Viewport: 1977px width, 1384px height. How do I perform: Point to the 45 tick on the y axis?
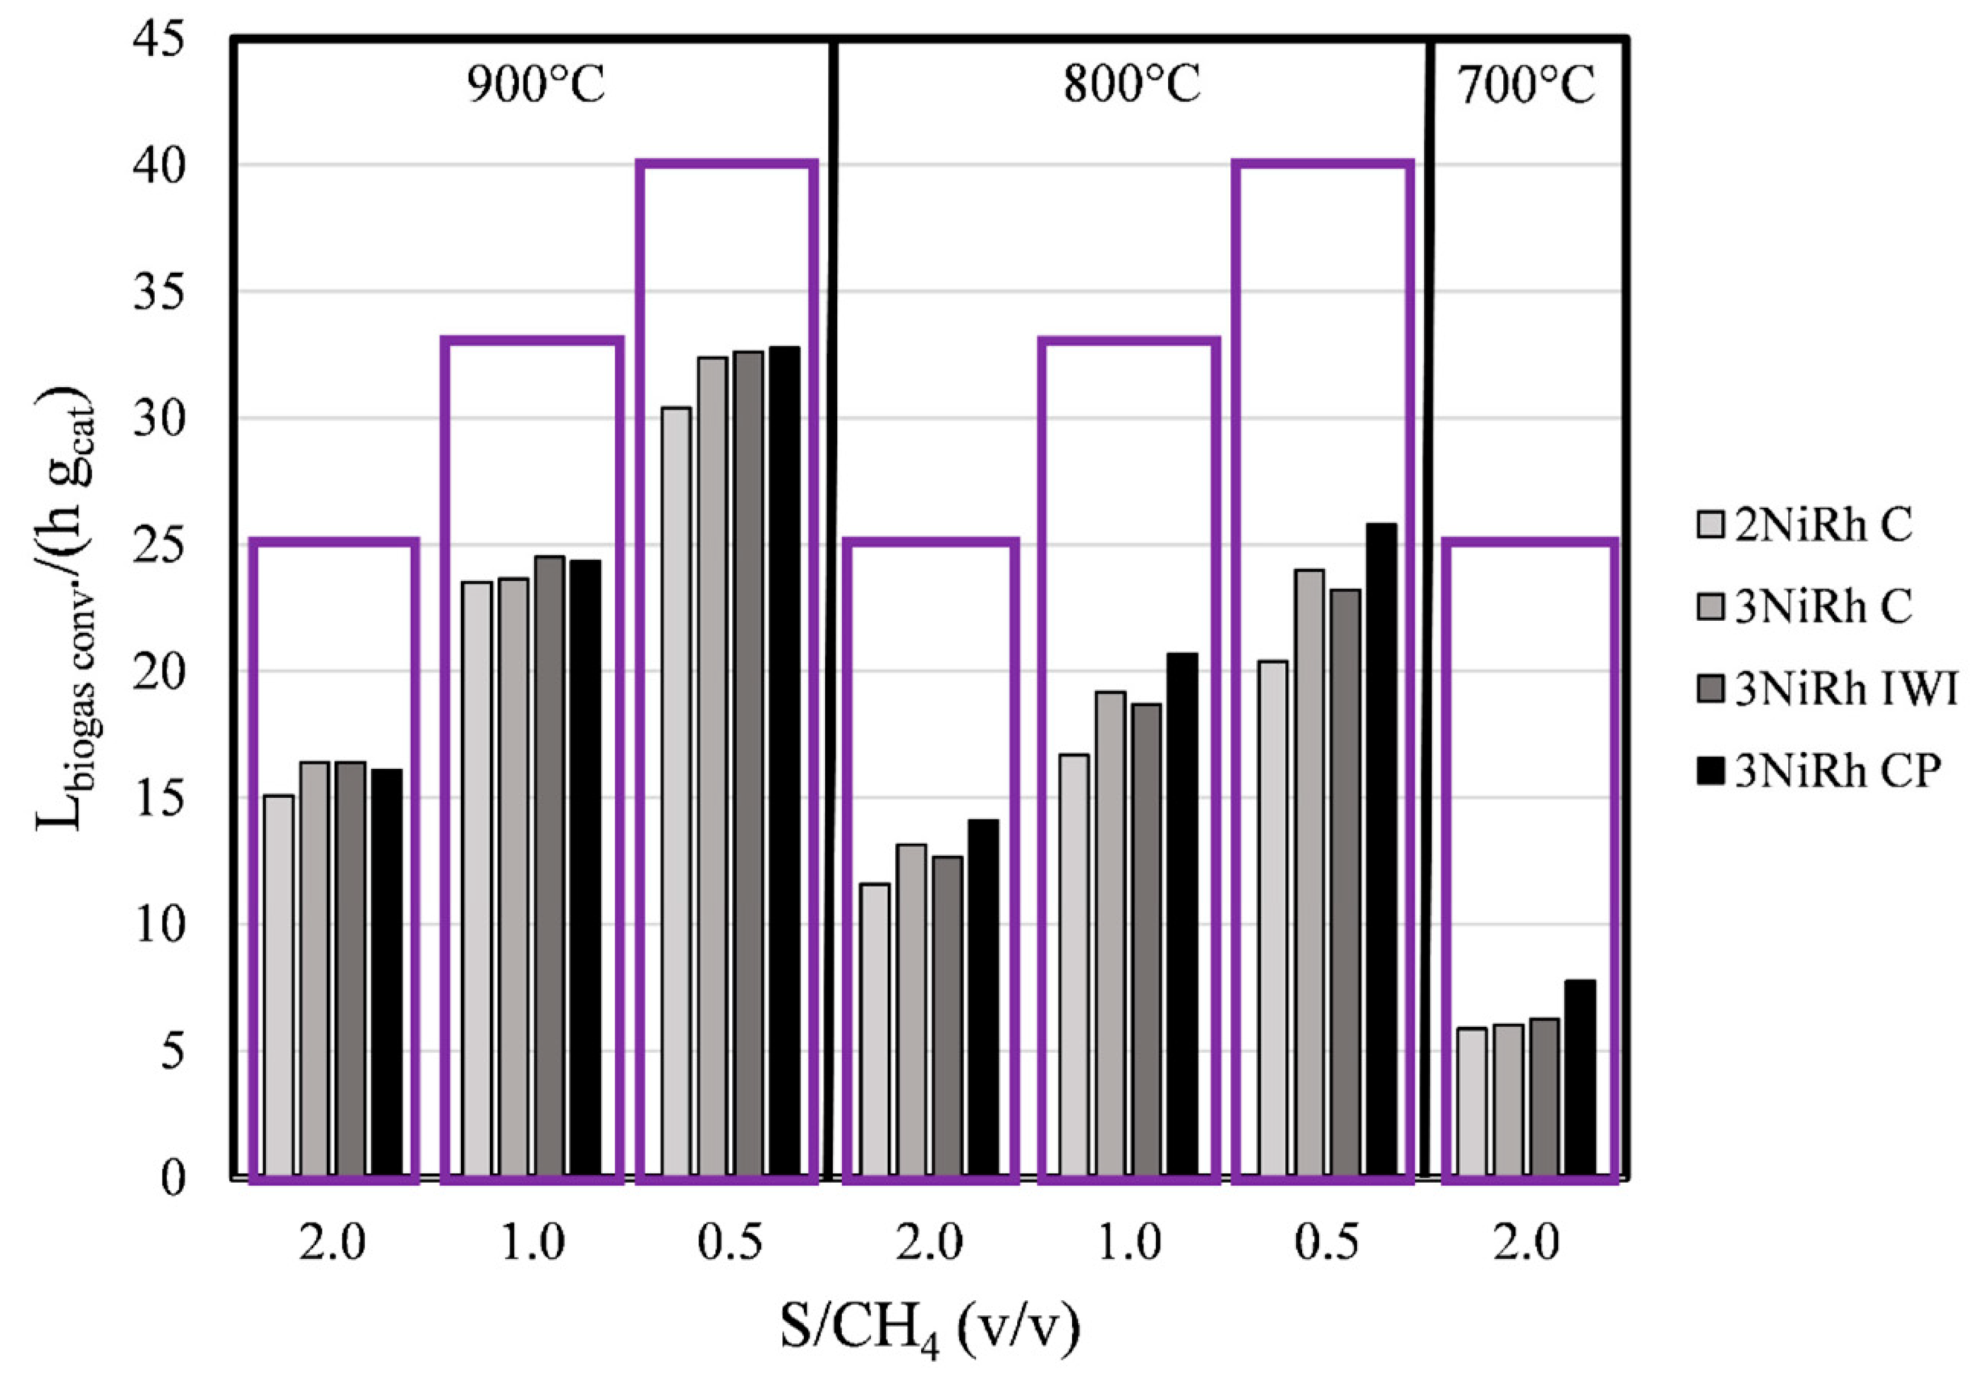[159, 40]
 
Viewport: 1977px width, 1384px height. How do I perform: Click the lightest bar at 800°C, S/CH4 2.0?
[875, 1029]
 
